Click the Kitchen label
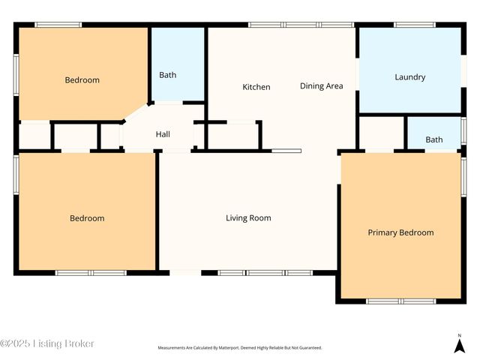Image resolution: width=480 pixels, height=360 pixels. tap(256, 87)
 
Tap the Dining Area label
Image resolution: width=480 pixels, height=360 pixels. tap(321, 86)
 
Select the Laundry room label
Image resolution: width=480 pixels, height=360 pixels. tap(409, 77)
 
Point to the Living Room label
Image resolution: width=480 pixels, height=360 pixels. tap(248, 218)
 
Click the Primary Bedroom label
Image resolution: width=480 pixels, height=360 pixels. tap(400, 232)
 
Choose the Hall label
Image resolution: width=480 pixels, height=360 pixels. tap(163, 134)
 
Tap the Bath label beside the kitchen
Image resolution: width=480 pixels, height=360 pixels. tap(168, 75)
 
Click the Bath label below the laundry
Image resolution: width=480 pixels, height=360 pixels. tap(434, 139)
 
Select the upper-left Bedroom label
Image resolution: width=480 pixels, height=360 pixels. tap(82, 80)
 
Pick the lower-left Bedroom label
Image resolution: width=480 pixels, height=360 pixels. tap(87, 218)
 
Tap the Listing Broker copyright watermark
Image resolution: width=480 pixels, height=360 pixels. tap(47, 343)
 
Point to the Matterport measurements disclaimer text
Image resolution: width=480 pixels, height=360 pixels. tap(239, 348)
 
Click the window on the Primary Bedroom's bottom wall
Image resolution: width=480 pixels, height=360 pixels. tap(400, 301)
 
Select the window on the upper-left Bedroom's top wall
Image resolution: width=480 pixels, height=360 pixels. tap(58, 25)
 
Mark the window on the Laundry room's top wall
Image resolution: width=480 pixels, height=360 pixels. tap(415, 25)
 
